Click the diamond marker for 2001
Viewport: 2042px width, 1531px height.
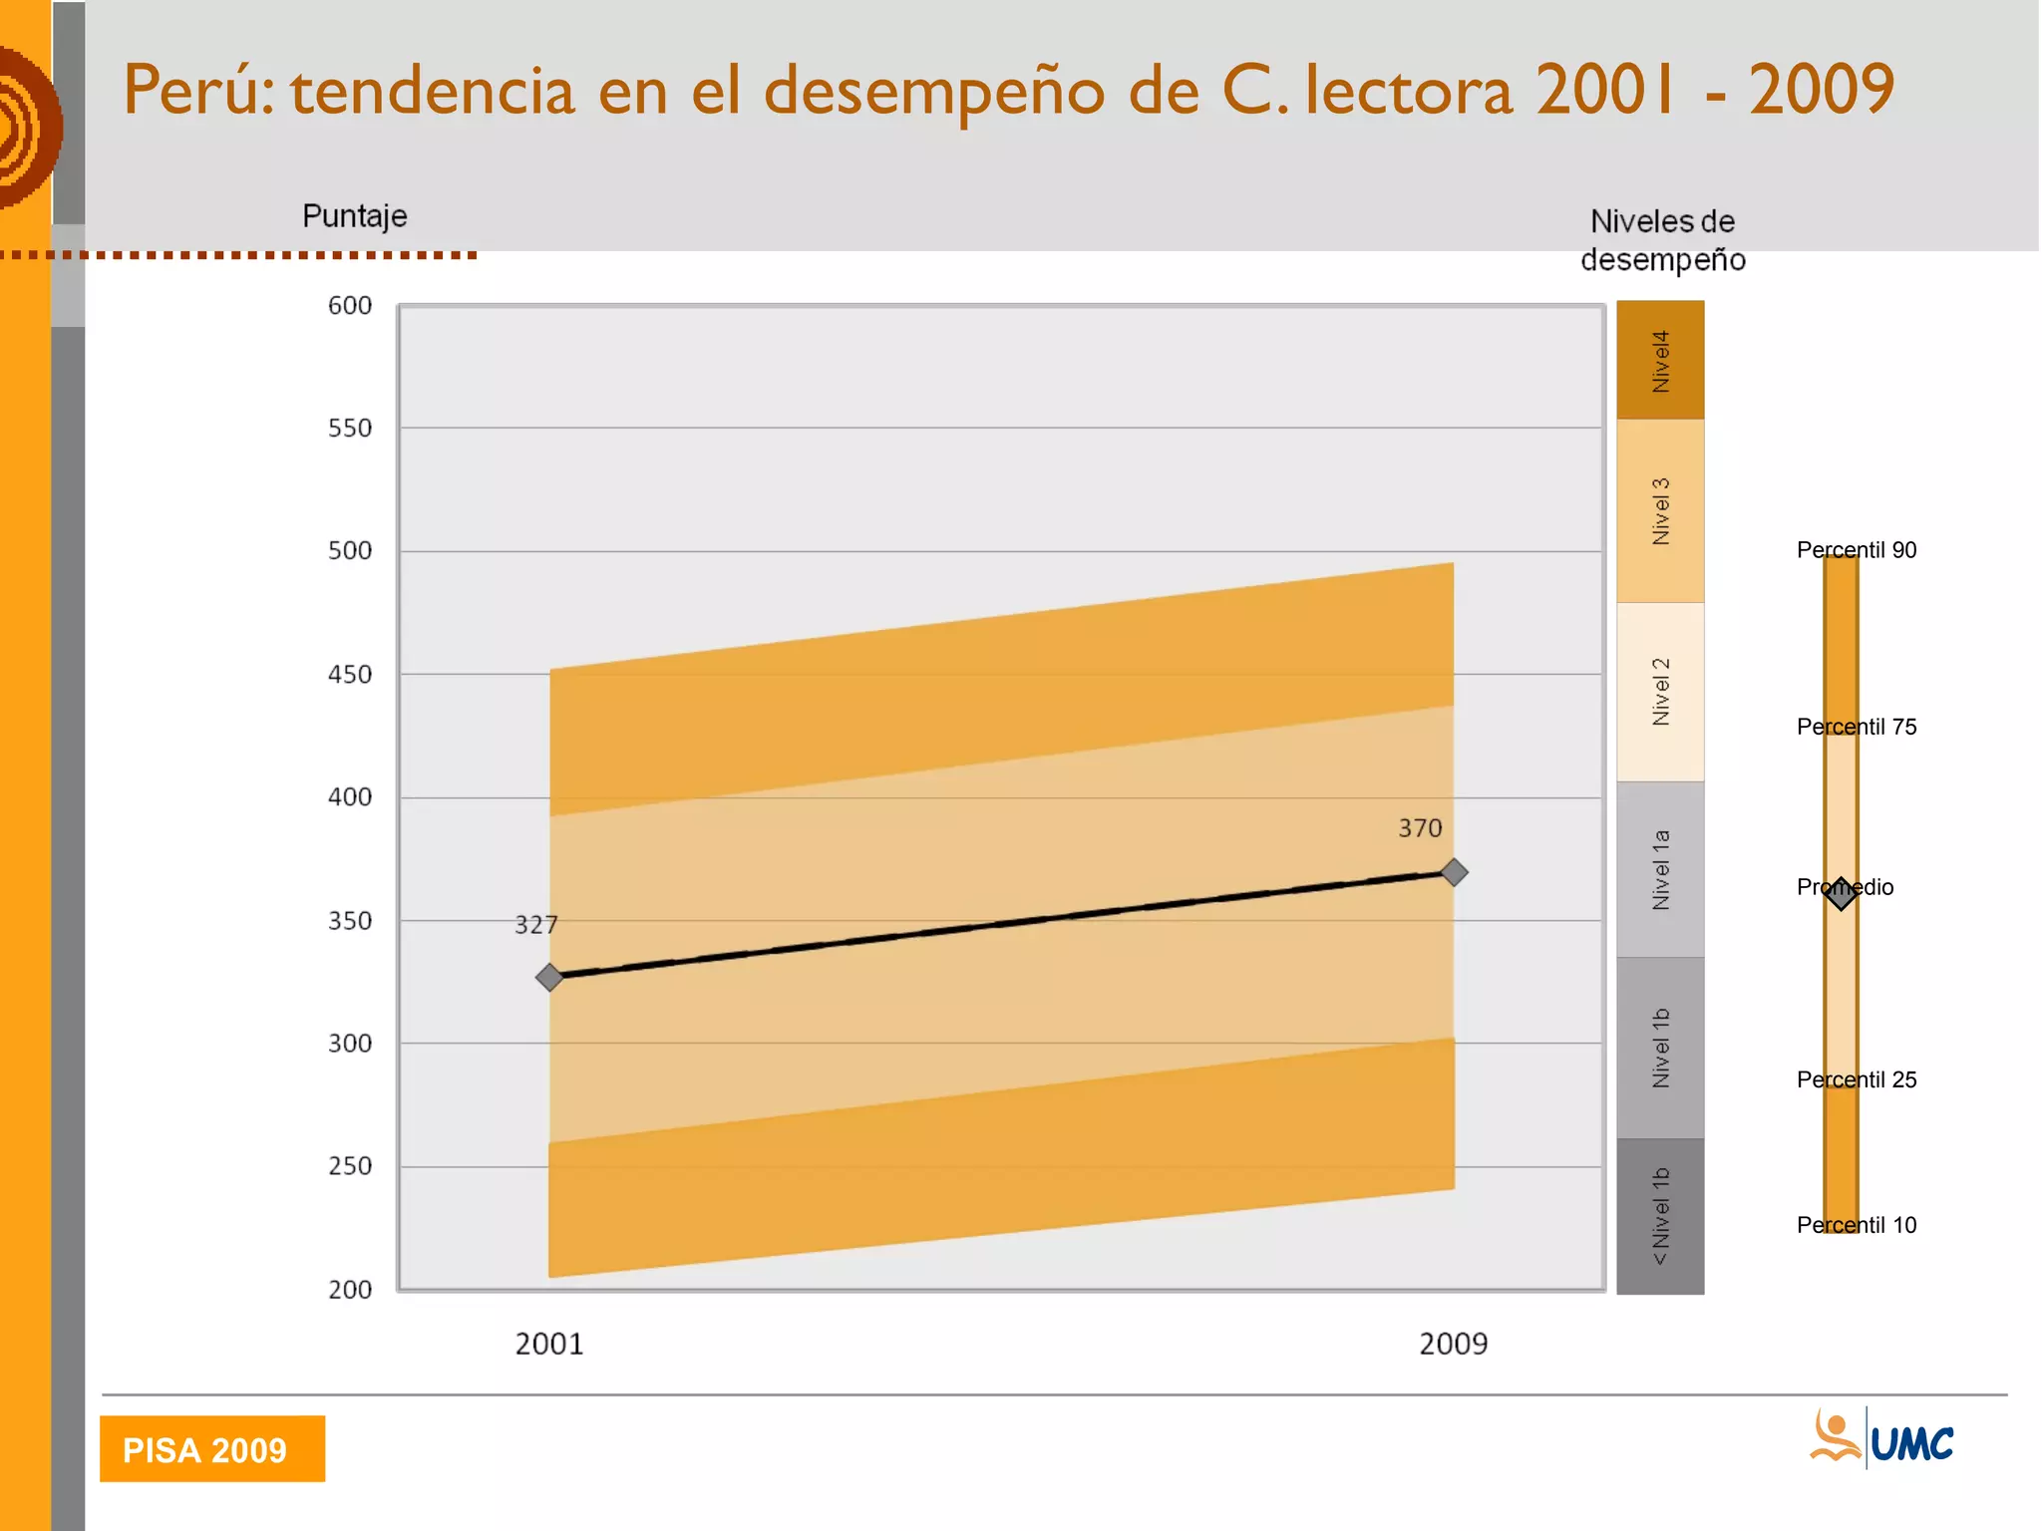pyautogui.click(x=549, y=977)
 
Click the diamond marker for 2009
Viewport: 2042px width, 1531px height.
pyautogui.click(x=1454, y=872)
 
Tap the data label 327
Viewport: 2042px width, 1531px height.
pyautogui.click(x=535, y=925)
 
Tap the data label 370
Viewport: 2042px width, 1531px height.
pyautogui.click(x=1420, y=828)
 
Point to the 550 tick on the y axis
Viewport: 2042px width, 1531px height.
pyautogui.click(x=349, y=429)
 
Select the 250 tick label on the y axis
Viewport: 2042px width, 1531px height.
pyautogui.click(x=349, y=1166)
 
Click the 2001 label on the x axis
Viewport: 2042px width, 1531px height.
pyautogui.click(x=549, y=1345)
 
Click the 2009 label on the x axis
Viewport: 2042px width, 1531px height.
pyautogui.click(x=1453, y=1345)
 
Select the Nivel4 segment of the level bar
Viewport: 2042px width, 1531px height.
pyautogui.click(x=1660, y=361)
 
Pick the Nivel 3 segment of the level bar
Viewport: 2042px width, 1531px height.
pyautogui.click(x=1660, y=511)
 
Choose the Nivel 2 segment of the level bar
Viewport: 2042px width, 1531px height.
pyautogui.click(x=1660, y=692)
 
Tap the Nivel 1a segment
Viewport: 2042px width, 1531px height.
pyautogui.click(x=1660, y=869)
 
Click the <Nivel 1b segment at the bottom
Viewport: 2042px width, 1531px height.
pyautogui.click(x=1660, y=1216)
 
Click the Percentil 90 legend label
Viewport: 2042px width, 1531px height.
pyautogui.click(x=1857, y=550)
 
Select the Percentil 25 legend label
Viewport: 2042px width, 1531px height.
pyautogui.click(x=1857, y=1079)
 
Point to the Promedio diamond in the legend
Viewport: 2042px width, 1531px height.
pyautogui.click(x=1841, y=892)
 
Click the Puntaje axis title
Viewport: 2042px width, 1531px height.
pyautogui.click(x=355, y=216)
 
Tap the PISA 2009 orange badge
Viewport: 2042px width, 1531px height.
pyautogui.click(x=212, y=1449)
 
